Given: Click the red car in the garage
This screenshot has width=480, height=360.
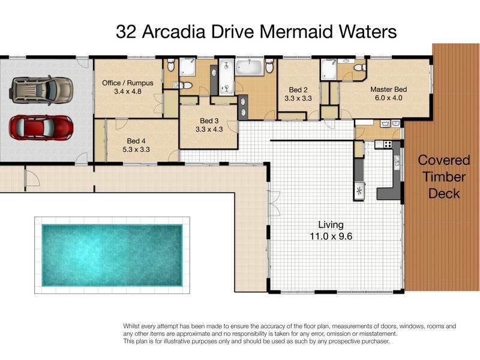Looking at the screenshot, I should (x=41, y=127).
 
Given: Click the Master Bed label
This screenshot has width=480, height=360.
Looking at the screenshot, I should (x=392, y=89).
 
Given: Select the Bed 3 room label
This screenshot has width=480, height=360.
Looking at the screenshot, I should (x=209, y=119).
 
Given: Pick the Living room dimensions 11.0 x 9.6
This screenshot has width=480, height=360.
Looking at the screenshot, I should (x=331, y=236).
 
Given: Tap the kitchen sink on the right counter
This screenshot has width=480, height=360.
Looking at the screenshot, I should (x=397, y=160).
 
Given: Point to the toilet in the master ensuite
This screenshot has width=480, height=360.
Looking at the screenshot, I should (x=360, y=70).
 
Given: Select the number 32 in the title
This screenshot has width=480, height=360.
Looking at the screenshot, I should (x=127, y=32).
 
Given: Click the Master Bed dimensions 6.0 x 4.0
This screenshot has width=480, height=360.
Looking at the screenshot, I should (x=392, y=98).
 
